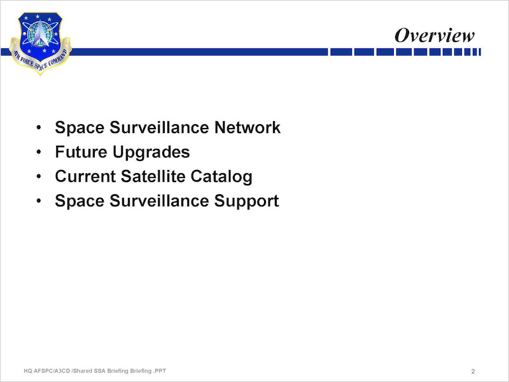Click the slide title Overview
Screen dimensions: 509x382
click(x=435, y=35)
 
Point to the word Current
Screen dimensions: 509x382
click(x=85, y=176)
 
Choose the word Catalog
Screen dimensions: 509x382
click(x=221, y=177)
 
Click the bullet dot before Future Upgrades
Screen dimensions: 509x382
click(x=39, y=152)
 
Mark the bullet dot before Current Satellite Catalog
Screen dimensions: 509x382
click(x=39, y=176)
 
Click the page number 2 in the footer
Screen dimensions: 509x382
click(x=473, y=371)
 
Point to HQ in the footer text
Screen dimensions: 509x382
click(x=27, y=371)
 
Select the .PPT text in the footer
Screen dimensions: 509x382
click(x=160, y=371)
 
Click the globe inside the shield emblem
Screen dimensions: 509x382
click(x=36, y=34)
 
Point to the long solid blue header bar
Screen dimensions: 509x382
click(x=199, y=52)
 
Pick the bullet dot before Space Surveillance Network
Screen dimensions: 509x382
click(x=39, y=127)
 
